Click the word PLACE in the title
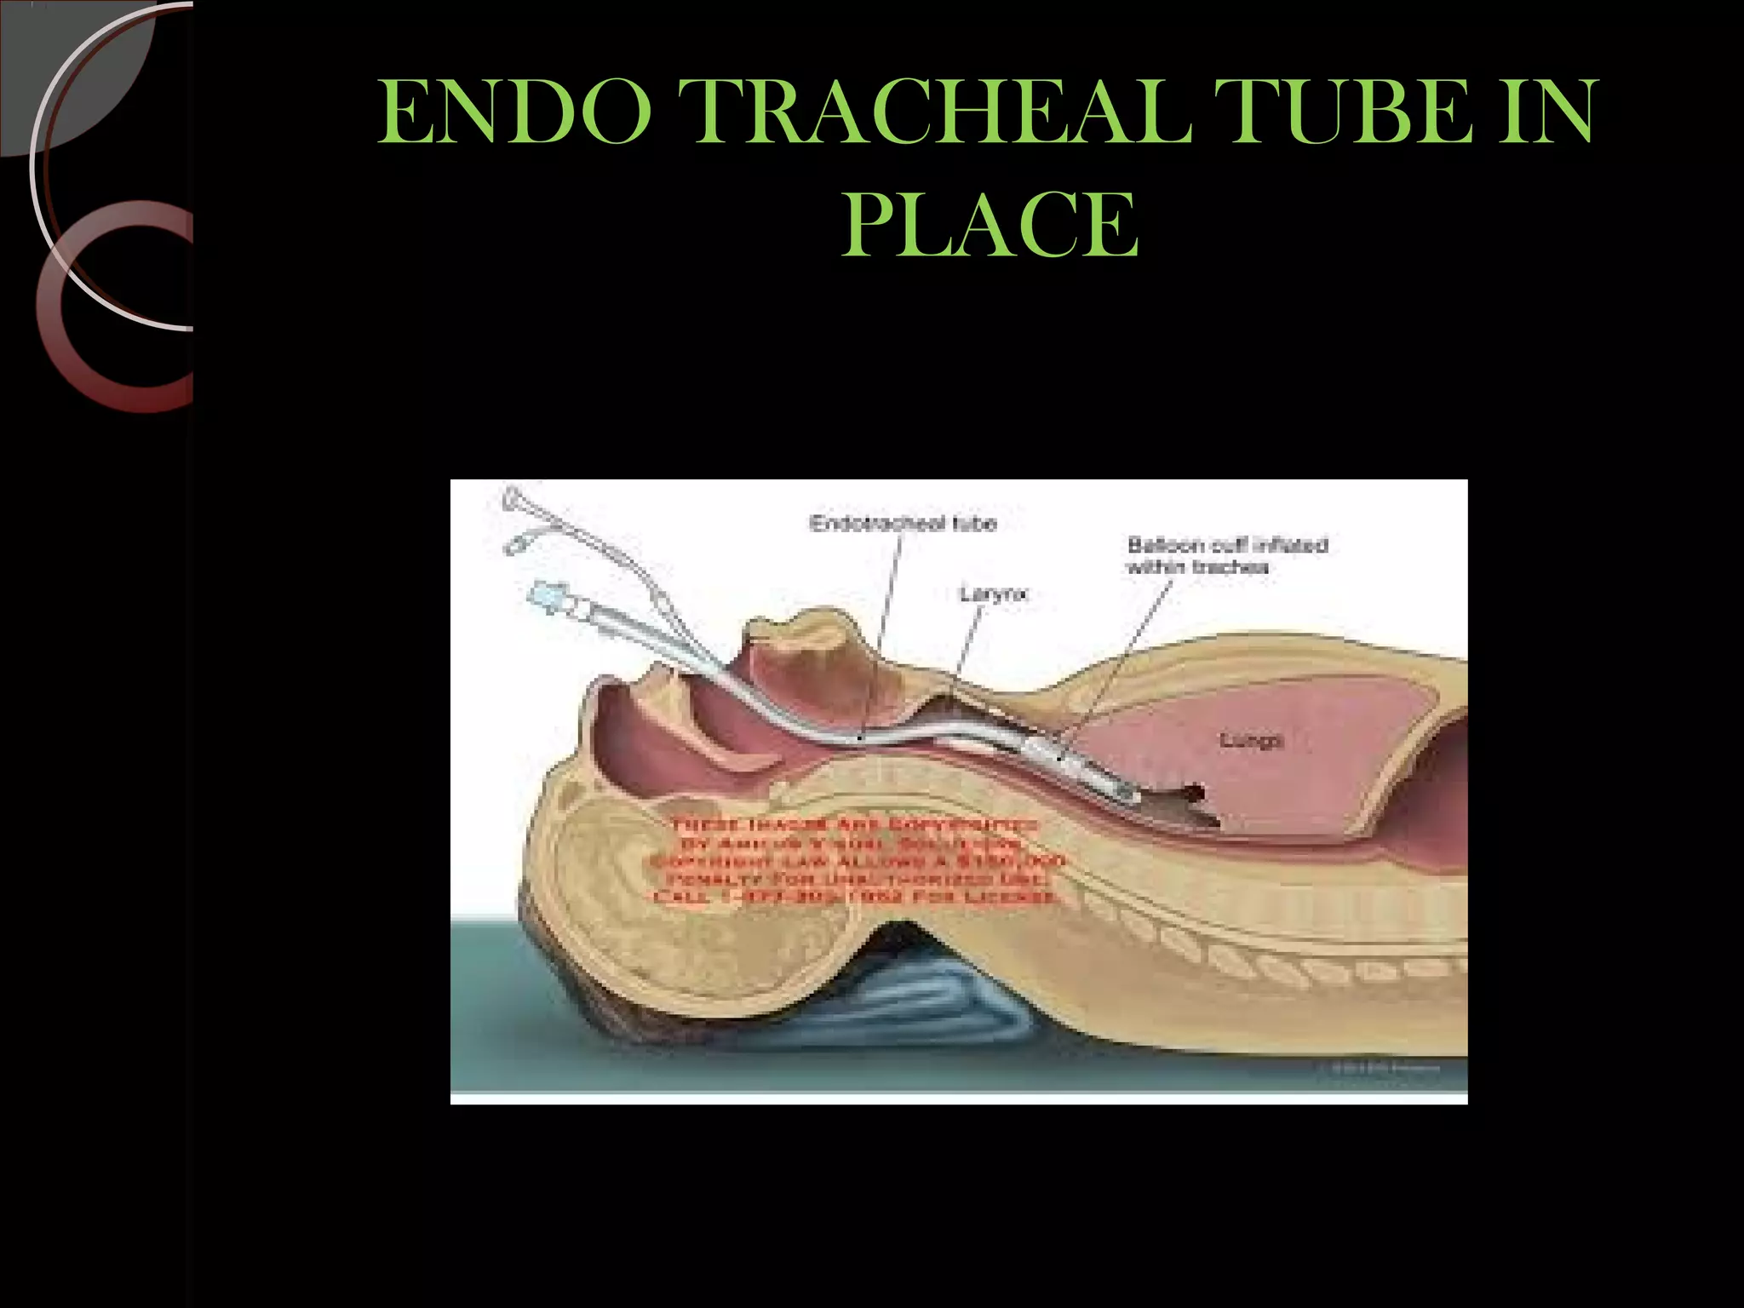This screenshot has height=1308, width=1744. click(990, 224)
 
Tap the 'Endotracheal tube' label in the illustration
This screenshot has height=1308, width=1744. click(903, 523)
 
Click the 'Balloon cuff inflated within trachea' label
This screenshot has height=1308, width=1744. click(1226, 555)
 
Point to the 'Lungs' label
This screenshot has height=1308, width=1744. click(1251, 740)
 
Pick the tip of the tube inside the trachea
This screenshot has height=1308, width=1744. click(1128, 794)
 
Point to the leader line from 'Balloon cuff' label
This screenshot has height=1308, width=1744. click(1116, 664)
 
